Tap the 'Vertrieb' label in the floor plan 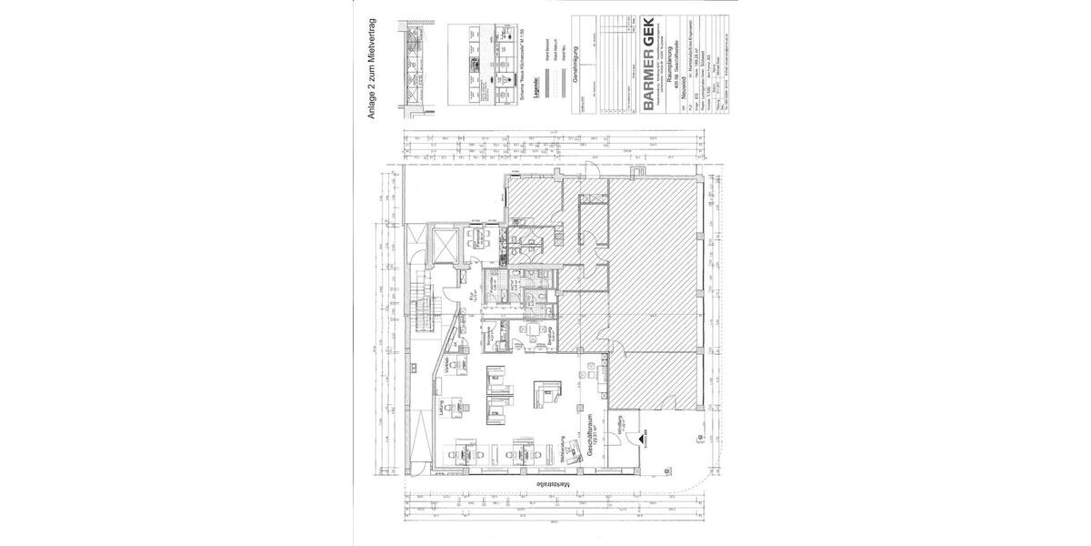coord(447,363)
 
